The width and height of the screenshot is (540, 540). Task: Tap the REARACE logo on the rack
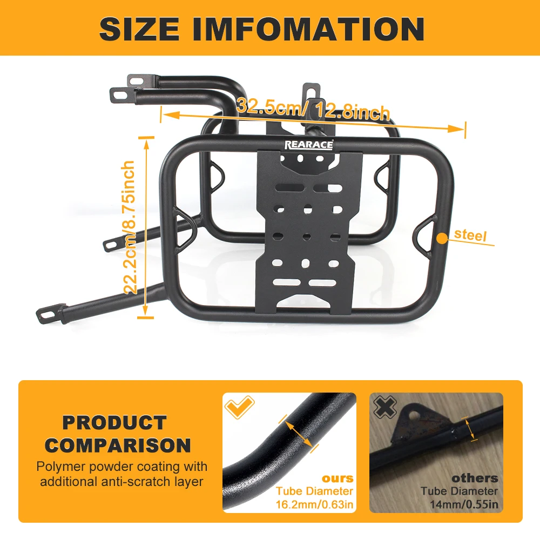pos(309,144)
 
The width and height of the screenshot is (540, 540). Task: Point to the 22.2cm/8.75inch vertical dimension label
pos(130,227)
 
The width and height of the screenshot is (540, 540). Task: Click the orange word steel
pos(470,235)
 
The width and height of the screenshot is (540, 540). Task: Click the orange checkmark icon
pos(238,407)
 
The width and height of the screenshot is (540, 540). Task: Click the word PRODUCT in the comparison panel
pos(114,423)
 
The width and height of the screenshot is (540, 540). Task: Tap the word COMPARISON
pos(118,446)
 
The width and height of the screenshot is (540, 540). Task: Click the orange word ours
pos(337,478)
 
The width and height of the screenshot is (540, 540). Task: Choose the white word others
pos(475,478)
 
